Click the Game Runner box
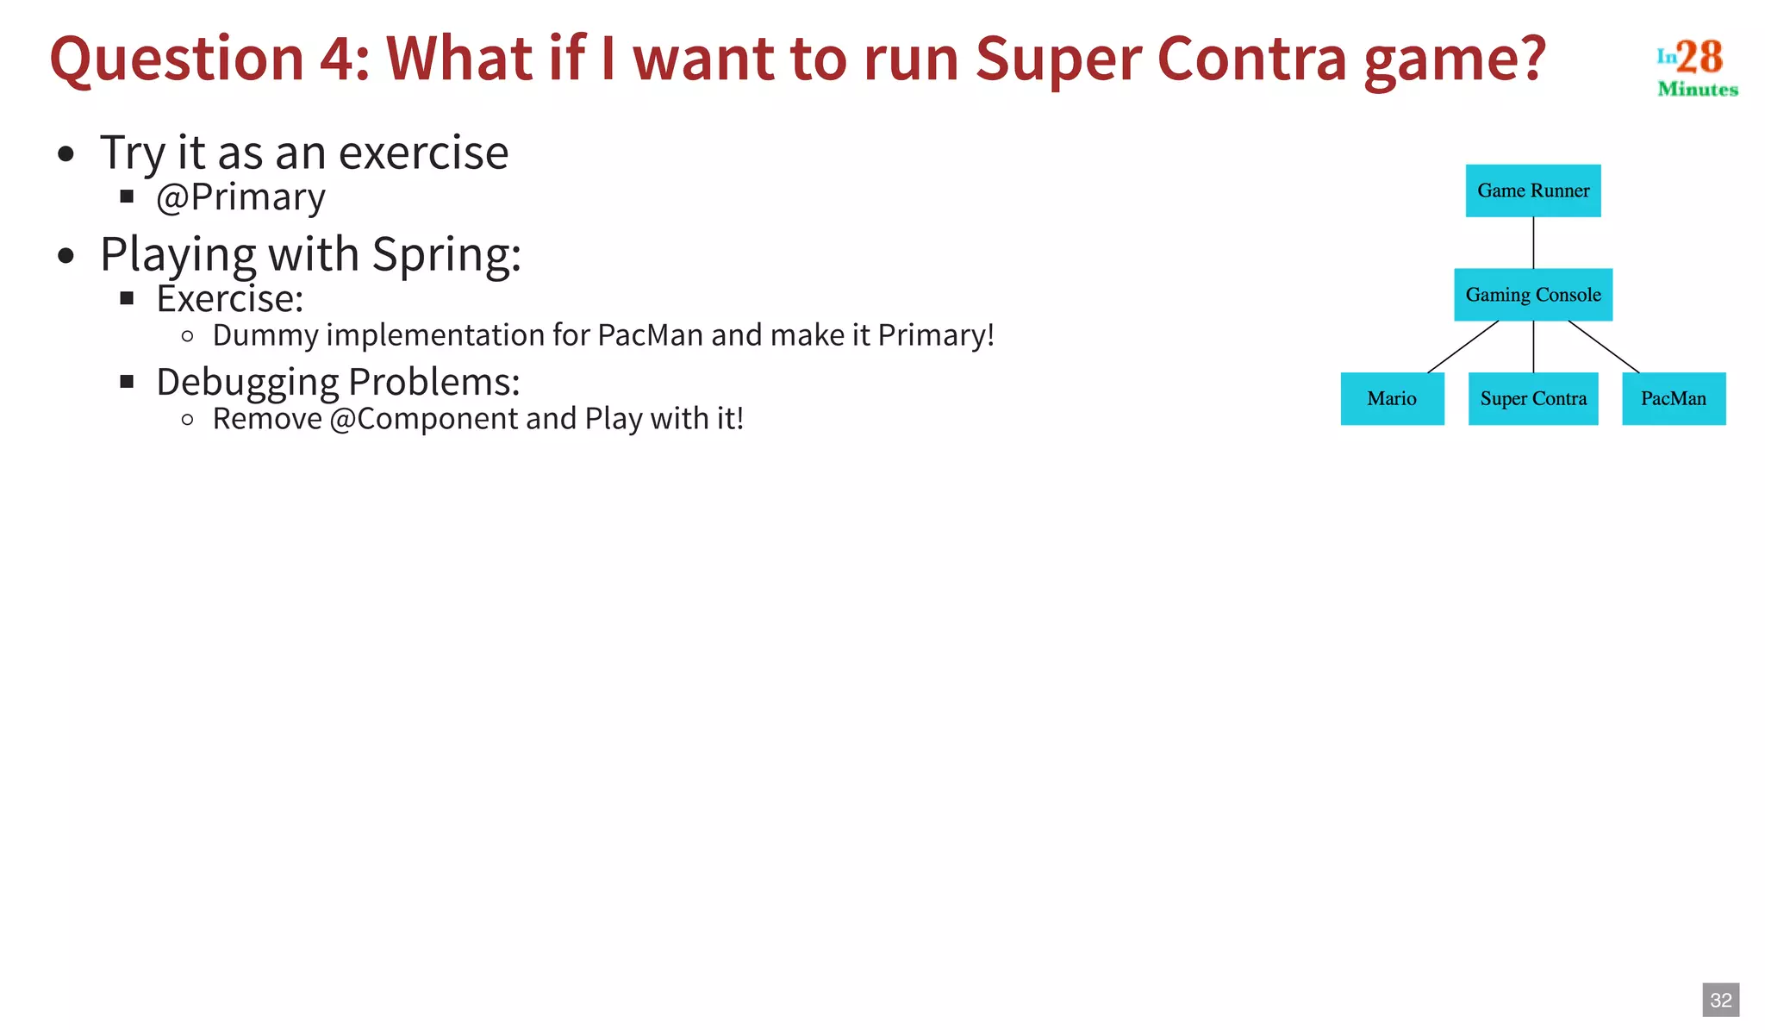[x=1532, y=190]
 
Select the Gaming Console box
[x=1532, y=295]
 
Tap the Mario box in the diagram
[x=1392, y=398]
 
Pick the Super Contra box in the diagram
[x=1532, y=398]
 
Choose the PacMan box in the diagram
[x=1673, y=398]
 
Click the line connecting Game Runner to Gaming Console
[x=1533, y=242]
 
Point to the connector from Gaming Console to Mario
[x=1463, y=346]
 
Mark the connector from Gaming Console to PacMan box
[x=1604, y=346]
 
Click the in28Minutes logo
[x=1696, y=66]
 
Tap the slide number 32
[x=1720, y=1000]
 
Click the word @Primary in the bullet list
[x=240, y=197]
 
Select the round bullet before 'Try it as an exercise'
[x=66, y=155]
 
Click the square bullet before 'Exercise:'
[x=127, y=298]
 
